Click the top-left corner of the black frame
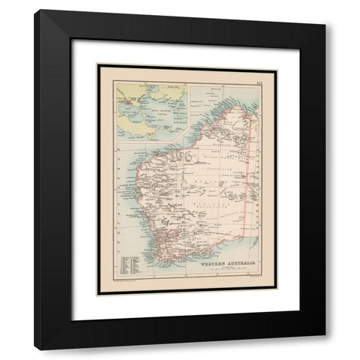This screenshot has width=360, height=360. coord(35,11)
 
